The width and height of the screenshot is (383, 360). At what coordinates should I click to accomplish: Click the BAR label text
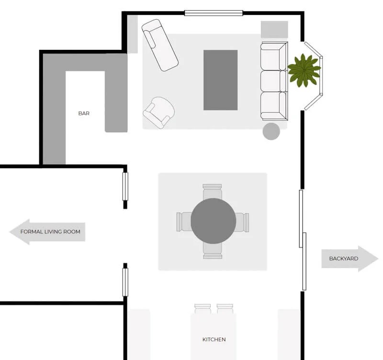[84, 114]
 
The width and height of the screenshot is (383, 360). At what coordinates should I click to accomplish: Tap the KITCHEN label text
[214, 339]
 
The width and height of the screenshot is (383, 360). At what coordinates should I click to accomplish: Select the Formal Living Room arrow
[48, 232]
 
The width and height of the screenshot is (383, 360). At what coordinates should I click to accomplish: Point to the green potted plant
[304, 70]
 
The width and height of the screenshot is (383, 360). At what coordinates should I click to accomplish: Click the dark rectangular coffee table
[220, 80]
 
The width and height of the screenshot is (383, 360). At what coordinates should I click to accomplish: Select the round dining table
[213, 221]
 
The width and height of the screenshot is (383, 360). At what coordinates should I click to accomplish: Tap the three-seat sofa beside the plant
[274, 81]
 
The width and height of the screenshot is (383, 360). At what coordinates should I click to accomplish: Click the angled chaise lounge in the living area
[160, 45]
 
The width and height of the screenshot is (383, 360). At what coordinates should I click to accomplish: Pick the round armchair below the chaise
[159, 112]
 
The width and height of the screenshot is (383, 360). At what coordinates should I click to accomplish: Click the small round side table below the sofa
[271, 131]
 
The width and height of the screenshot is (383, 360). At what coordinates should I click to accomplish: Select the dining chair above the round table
[213, 190]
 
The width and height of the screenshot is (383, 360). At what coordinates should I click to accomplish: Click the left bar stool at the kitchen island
[203, 308]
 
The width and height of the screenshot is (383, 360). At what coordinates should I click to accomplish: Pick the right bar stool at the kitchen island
[225, 308]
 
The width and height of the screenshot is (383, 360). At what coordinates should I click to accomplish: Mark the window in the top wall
[213, 13]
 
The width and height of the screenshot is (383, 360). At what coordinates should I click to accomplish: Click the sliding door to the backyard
[303, 240]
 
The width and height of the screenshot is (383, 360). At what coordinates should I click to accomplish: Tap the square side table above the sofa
[274, 29]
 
